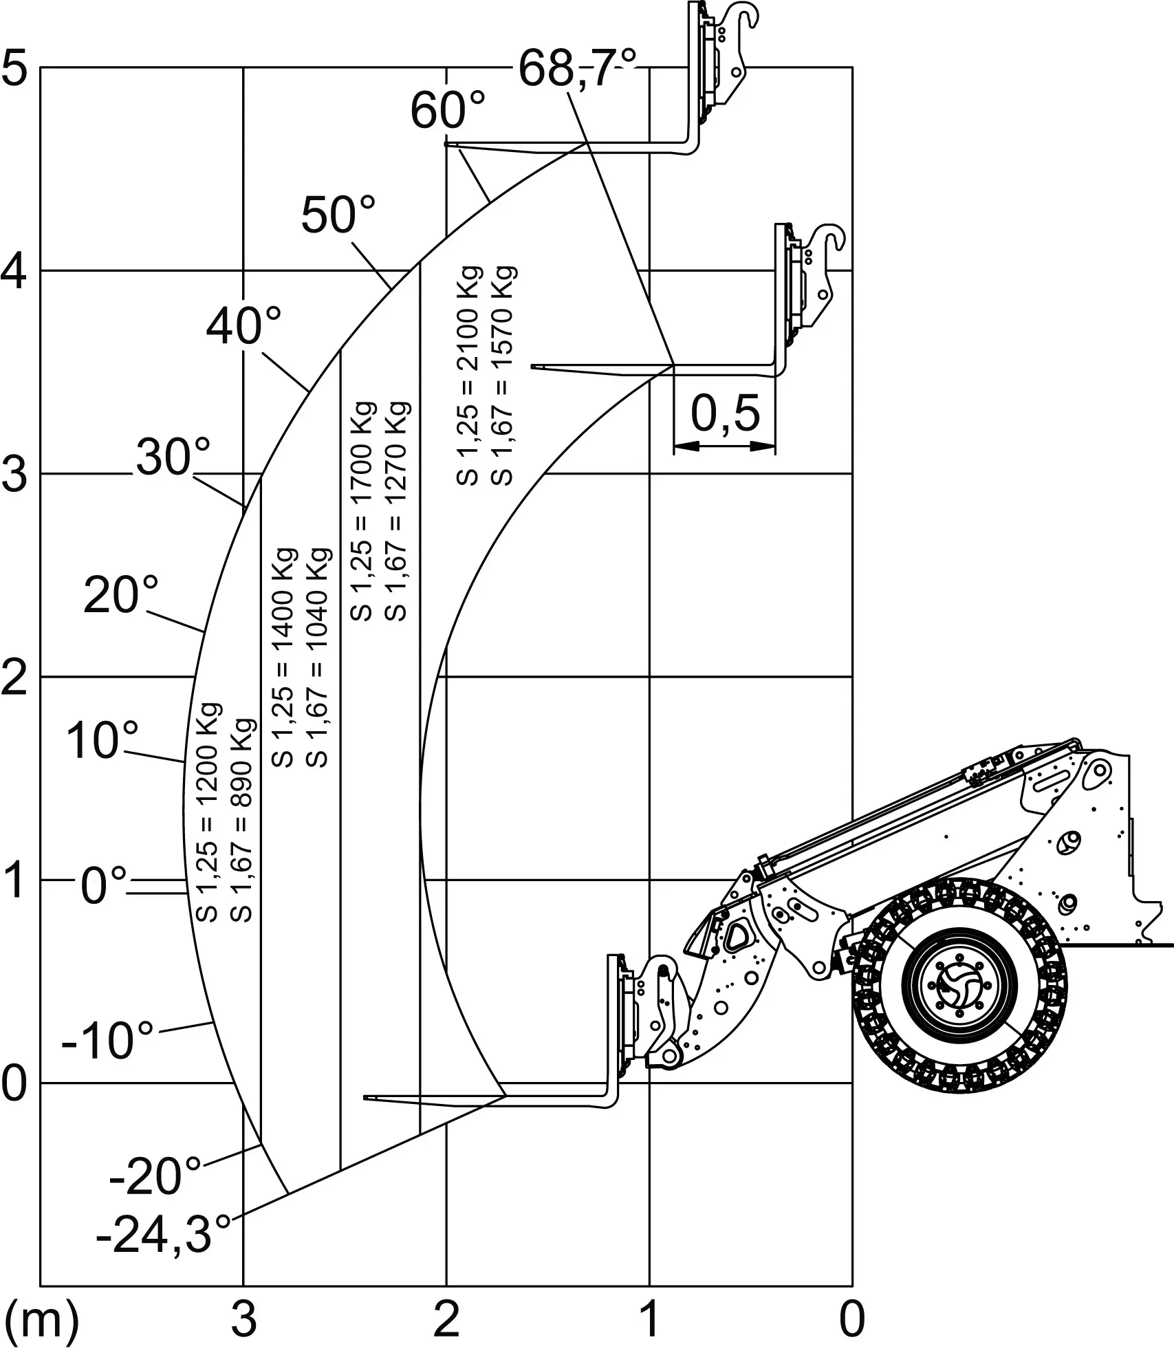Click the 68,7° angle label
click(x=577, y=69)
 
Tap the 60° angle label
click(x=448, y=110)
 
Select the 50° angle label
click(x=339, y=215)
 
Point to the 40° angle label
click(x=244, y=326)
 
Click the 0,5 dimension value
click(x=725, y=413)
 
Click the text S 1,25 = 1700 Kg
click(x=362, y=510)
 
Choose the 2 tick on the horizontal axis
click(x=446, y=1321)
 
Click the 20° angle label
click(x=121, y=595)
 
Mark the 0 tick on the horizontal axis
click(x=852, y=1321)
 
